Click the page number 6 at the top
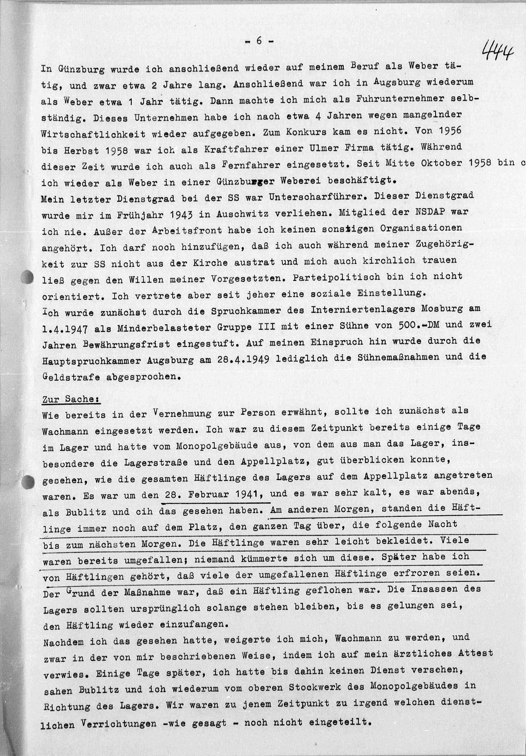point(259,41)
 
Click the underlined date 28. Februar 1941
point(213,494)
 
